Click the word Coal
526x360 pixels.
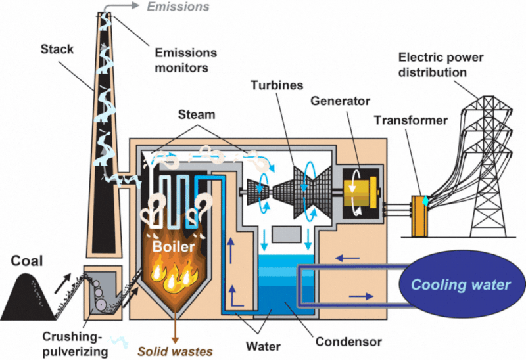click(x=27, y=261)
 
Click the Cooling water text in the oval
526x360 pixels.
click(x=461, y=284)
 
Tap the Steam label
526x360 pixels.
click(x=197, y=114)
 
